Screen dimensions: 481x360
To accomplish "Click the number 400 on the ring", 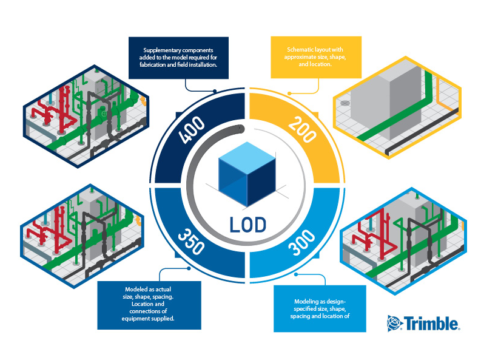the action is coord(192,129).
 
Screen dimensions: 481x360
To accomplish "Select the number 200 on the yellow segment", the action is coord(302,129).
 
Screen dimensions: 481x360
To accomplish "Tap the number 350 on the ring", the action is coord(191,242).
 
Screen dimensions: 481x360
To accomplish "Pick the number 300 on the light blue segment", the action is coord(302,242).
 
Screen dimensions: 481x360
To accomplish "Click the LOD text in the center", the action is coord(248,225).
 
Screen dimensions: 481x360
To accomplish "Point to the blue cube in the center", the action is coord(247,174).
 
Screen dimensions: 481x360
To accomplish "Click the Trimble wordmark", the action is coord(431,323).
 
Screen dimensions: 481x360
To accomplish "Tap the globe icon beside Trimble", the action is coord(394,323).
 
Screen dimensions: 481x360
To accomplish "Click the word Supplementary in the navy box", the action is coord(161,50).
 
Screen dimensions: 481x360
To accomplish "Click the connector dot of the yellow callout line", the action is coord(289,93).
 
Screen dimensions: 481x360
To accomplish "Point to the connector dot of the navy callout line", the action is coord(215,91).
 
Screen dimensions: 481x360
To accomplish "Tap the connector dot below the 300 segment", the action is coord(296,274).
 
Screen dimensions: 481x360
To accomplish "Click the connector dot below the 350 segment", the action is coord(189,268).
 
